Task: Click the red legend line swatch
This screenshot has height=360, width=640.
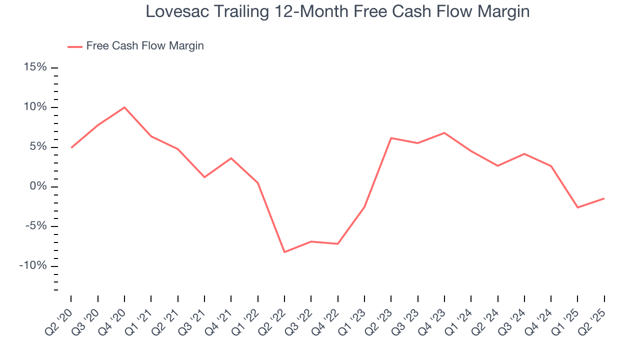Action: [x=75, y=46]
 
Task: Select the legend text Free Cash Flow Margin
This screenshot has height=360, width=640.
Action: [x=145, y=46]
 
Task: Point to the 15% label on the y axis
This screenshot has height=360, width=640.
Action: [x=35, y=67]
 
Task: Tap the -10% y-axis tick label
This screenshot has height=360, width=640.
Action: [x=33, y=265]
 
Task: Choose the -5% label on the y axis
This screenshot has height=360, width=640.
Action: [x=35, y=226]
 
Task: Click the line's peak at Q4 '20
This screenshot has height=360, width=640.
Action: [x=124, y=107]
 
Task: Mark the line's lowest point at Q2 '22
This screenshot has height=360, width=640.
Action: [x=284, y=252]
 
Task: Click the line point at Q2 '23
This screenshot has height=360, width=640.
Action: [x=391, y=138]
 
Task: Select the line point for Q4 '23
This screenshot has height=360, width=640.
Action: [x=444, y=133]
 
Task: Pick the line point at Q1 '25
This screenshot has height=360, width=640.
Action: [x=577, y=207]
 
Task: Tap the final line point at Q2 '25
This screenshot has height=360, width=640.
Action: [x=604, y=198]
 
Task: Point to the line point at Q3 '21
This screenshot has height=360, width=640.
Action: [x=204, y=177]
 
